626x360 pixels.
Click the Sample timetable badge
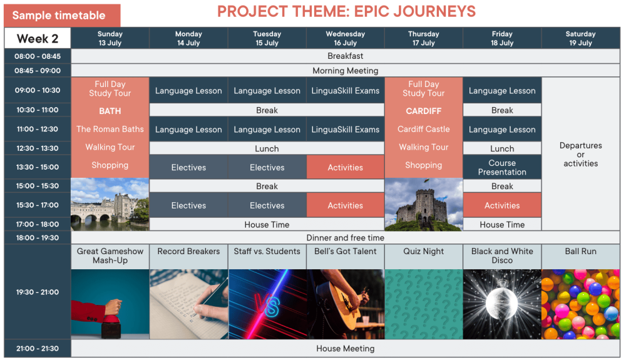pyautogui.click(x=62, y=15)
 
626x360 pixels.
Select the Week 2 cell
pyautogui.click(x=38, y=38)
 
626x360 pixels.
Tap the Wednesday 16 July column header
pyautogui.click(x=346, y=38)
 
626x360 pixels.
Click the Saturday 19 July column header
pyautogui.click(x=580, y=38)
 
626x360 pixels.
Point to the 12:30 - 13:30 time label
pyautogui.click(x=38, y=148)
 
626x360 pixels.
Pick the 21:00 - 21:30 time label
pyautogui.click(x=38, y=349)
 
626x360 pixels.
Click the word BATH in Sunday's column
pyautogui.click(x=110, y=111)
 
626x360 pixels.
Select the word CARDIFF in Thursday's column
pyautogui.click(x=424, y=111)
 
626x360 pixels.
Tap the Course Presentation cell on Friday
pyautogui.click(x=502, y=167)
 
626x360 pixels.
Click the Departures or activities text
pyautogui.click(x=580, y=155)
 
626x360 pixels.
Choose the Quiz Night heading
pyautogui.click(x=424, y=252)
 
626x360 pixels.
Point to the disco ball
pyautogui.click(x=502, y=303)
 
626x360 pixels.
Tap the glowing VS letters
pyautogui.click(x=267, y=306)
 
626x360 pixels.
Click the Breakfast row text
pyautogui.click(x=346, y=56)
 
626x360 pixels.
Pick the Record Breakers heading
pyautogui.click(x=188, y=252)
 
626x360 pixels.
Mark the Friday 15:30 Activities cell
pyautogui.click(x=502, y=205)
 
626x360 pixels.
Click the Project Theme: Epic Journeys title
pyautogui.click(x=347, y=11)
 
